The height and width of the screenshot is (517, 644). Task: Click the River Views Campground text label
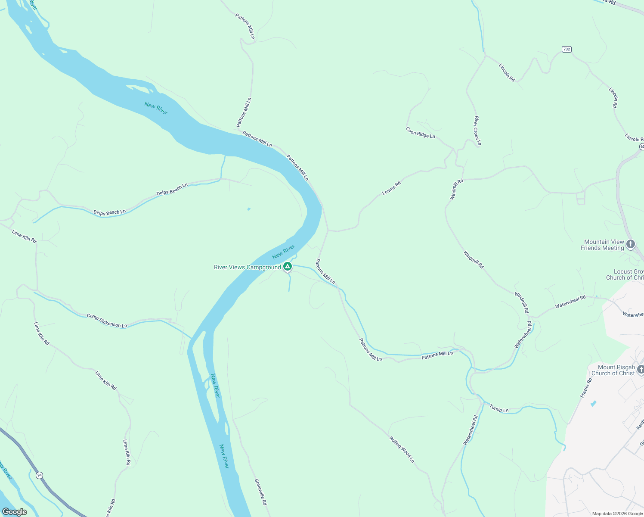247,267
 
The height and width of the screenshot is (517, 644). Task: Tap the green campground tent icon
288,267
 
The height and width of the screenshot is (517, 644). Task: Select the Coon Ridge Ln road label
421,133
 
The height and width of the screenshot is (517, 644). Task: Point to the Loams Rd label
391,188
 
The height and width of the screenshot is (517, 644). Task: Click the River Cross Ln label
477,131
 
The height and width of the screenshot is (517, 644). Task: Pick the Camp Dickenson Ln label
107,321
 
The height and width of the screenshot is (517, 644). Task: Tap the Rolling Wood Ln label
402,449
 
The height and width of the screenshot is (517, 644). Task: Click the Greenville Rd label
260,492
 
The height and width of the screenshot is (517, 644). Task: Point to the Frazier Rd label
586,388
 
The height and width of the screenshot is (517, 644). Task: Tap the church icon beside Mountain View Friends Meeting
631,245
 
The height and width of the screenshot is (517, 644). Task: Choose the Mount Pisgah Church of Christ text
613,370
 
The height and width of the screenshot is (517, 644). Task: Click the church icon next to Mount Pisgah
641,370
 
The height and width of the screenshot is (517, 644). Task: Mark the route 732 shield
567,49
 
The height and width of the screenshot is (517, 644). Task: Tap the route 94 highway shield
40,475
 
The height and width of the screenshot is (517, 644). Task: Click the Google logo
15,511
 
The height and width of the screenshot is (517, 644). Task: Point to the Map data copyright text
617,514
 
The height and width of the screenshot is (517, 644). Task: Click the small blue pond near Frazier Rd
594,404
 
